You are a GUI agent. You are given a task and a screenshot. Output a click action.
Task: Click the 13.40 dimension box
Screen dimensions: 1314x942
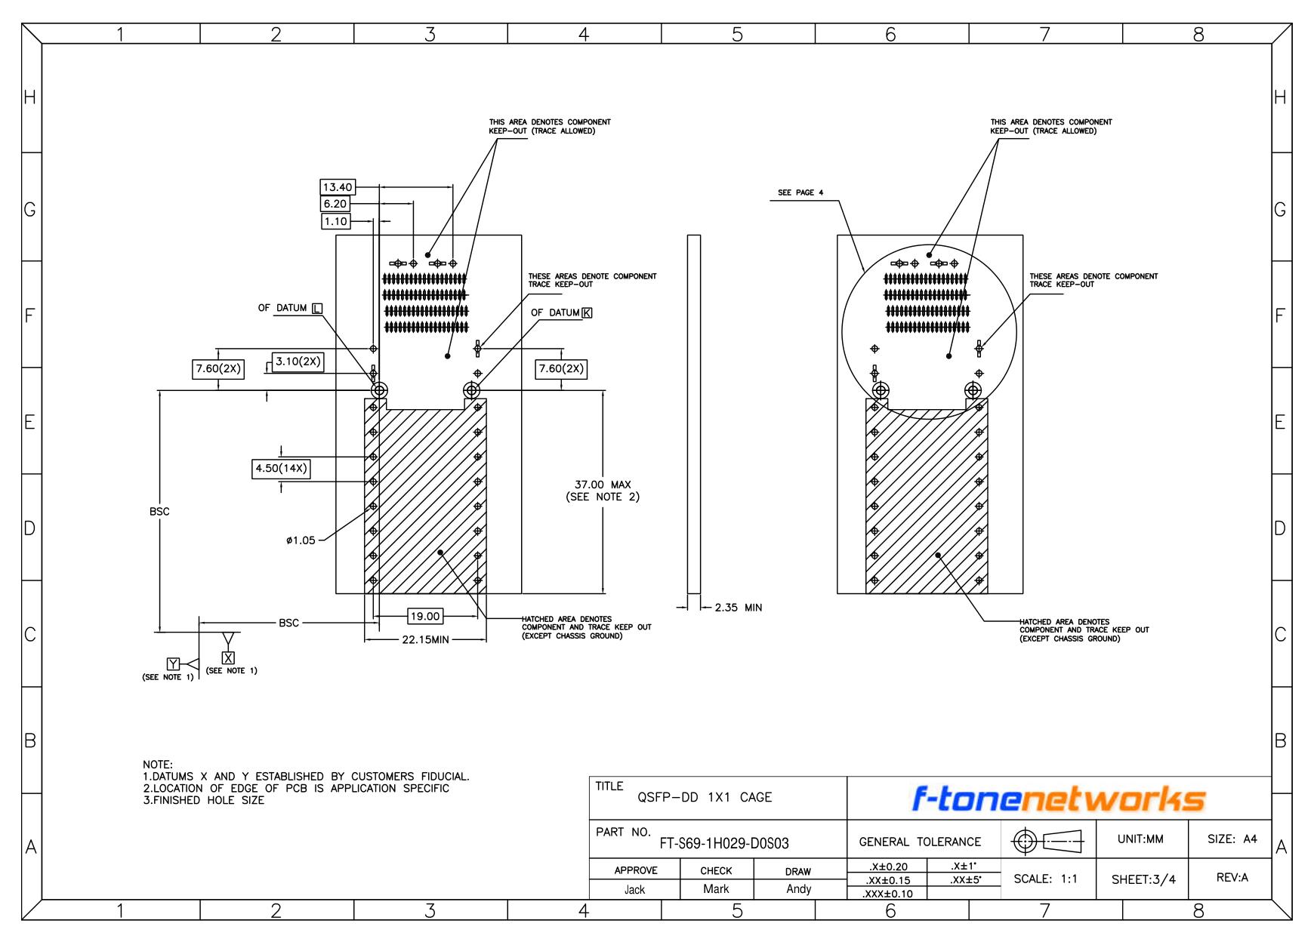(x=337, y=187)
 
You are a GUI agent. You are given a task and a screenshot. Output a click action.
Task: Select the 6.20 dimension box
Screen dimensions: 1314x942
(x=335, y=204)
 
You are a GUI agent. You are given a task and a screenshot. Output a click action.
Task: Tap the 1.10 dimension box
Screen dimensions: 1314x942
(x=335, y=221)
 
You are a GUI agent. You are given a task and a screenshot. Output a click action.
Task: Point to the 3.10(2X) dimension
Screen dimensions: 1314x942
(x=298, y=362)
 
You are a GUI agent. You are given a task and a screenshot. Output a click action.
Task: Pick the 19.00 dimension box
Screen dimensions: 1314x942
(x=424, y=617)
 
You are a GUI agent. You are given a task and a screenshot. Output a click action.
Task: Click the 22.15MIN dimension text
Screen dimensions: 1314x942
(x=425, y=640)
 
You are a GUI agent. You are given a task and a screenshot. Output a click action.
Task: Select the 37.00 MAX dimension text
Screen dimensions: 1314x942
(x=603, y=485)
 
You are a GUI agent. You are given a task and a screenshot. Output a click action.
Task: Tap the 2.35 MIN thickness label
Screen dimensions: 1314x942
(x=739, y=607)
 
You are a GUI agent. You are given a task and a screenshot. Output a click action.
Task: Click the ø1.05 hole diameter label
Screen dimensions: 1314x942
(x=301, y=540)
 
